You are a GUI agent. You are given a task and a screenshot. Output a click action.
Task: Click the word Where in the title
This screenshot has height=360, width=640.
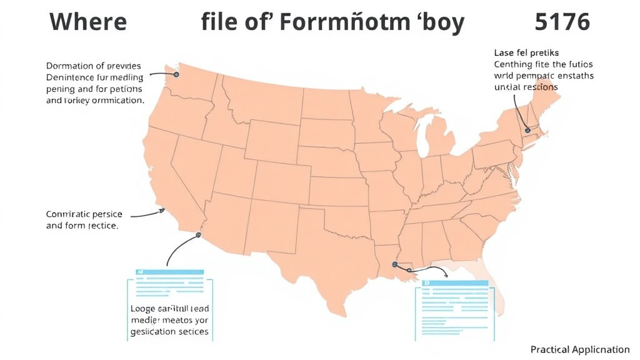(x=88, y=22)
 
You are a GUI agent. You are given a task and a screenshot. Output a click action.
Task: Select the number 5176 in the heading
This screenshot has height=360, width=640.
(x=562, y=22)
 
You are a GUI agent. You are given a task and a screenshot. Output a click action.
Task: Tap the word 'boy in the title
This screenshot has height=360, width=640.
(x=440, y=22)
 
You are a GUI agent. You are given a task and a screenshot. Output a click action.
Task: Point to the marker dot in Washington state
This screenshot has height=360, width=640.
(x=176, y=74)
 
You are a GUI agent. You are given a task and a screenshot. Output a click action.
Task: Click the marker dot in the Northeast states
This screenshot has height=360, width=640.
(x=527, y=130)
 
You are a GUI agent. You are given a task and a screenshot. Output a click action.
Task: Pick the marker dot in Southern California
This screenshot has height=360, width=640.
(x=199, y=236)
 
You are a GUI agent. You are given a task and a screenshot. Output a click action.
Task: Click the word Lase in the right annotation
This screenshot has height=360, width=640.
(x=504, y=52)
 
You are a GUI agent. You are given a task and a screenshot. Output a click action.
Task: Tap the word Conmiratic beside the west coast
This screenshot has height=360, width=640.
(x=70, y=214)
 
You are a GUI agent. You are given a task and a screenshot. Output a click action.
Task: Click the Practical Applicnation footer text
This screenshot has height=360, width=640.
(x=579, y=349)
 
